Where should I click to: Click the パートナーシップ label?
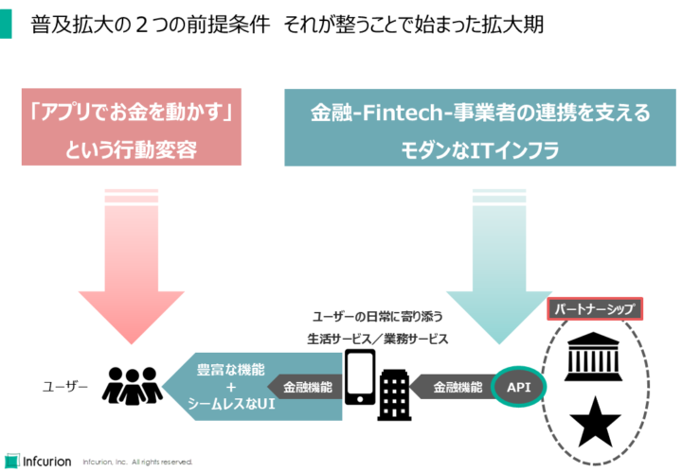coord(595,309)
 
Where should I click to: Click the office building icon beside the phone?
coord(394,393)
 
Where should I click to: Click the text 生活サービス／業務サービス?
coord(377,338)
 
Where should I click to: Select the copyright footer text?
coord(137,462)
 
